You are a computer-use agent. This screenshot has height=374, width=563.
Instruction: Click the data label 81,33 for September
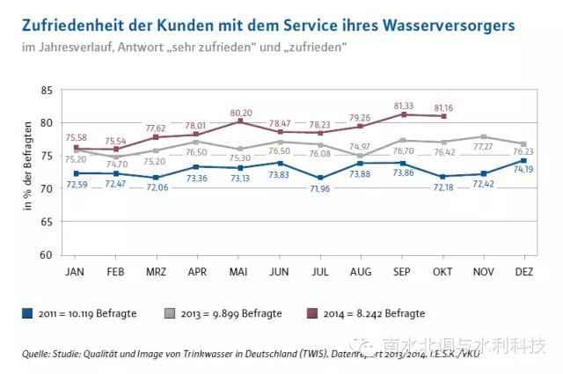click(x=403, y=105)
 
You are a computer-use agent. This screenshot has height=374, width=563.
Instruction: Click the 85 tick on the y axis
click(x=47, y=91)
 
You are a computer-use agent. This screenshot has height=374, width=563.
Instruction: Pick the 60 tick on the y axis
click(x=47, y=255)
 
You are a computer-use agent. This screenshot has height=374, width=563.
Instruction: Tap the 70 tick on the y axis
click(x=47, y=189)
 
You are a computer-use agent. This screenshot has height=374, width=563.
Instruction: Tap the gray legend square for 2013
click(x=169, y=313)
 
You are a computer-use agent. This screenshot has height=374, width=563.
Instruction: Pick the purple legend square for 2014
click(x=310, y=313)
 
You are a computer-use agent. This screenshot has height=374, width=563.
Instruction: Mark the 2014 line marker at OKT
click(x=444, y=116)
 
